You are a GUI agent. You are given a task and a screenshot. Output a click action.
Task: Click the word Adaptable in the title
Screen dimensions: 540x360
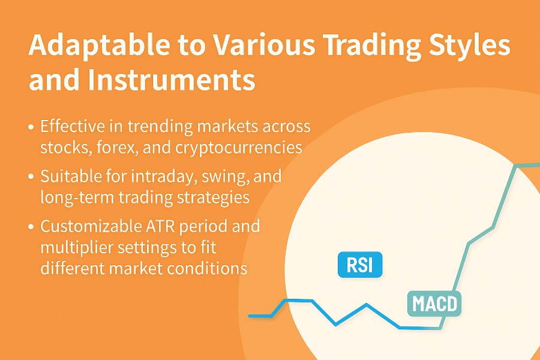tap(99, 46)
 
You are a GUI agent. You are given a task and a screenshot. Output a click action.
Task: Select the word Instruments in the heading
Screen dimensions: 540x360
tap(171, 79)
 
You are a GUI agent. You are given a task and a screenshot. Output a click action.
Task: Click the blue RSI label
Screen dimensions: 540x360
tap(360, 265)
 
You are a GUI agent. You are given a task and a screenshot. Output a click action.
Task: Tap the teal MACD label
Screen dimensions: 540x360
tap(434, 304)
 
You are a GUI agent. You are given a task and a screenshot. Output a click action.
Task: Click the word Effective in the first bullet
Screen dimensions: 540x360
tap(73, 126)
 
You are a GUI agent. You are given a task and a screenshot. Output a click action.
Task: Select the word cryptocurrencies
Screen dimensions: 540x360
tap(239, 148)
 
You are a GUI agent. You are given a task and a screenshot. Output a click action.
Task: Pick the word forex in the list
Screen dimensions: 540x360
tap(118, 148)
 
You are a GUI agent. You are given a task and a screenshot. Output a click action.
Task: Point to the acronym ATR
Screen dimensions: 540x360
tap(158, 226)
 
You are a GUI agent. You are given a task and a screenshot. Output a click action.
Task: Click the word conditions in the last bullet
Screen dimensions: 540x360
tap(208, 268)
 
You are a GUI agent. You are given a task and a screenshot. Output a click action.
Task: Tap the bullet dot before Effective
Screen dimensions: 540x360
tap(31, 127)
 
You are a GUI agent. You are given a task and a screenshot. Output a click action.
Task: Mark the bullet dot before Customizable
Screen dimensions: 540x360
tap(31, 227)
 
